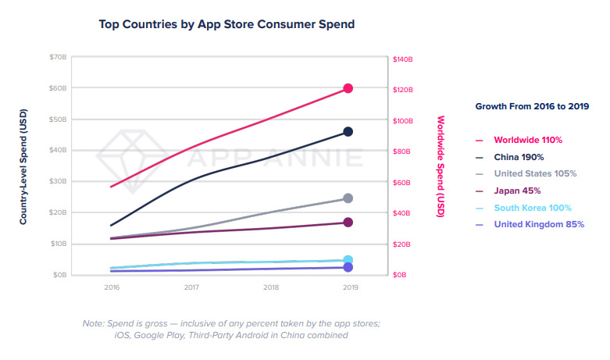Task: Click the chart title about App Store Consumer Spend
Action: point(227,24)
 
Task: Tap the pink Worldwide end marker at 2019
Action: point(348,88)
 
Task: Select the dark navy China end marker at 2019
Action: point(348,132)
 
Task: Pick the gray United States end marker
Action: point(348,198)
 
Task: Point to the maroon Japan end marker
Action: point(348,223)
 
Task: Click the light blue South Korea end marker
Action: point(348,260)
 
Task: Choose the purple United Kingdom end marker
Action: point(348,267)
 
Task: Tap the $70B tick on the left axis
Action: point(59,58)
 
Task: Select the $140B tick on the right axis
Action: point(402,59)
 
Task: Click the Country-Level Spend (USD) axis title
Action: point(25,166)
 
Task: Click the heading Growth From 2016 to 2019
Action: point(532,106)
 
